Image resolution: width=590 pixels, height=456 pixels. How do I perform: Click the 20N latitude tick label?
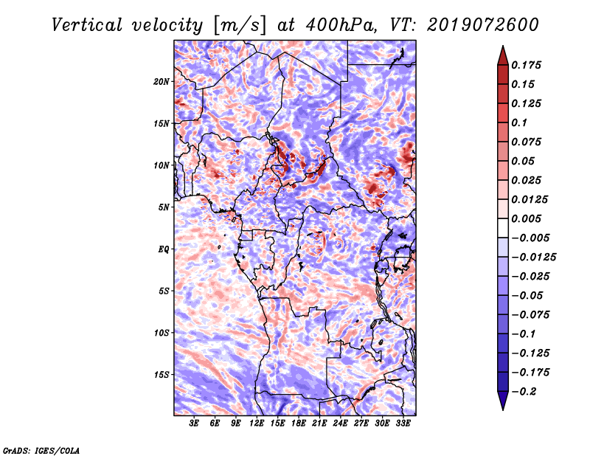(162, 82)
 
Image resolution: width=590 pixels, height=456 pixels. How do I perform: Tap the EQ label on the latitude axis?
(163, 249)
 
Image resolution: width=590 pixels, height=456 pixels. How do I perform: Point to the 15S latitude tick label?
(162, 375)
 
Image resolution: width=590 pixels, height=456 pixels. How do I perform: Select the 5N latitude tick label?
(164, 207)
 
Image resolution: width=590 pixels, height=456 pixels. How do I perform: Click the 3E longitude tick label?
(194, 424)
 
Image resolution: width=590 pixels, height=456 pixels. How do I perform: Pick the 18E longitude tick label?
(298, 424)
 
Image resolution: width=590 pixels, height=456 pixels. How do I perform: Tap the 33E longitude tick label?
(403, 424)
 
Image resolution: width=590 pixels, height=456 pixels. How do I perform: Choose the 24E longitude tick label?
(340, 424)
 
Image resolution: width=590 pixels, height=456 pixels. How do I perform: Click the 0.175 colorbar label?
(526, 65)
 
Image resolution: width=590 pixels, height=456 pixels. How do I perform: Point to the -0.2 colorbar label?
(524, 392)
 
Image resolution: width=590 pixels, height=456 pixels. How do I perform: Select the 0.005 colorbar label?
(526, 218)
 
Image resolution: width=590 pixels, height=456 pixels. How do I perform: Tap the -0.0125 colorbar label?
(533, 258)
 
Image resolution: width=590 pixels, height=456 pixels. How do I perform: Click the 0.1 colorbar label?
(519, 122)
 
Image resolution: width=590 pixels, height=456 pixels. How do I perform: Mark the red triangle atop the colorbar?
(503, 55)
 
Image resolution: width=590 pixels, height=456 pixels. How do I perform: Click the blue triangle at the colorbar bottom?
(503, 401)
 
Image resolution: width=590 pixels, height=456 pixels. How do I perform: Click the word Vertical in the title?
(87, 25)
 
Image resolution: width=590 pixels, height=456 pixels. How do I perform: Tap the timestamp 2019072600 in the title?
(483, 25)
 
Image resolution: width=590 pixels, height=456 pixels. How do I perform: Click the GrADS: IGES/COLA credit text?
(41, 450)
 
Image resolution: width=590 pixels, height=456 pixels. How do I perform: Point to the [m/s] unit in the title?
(240, 25)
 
